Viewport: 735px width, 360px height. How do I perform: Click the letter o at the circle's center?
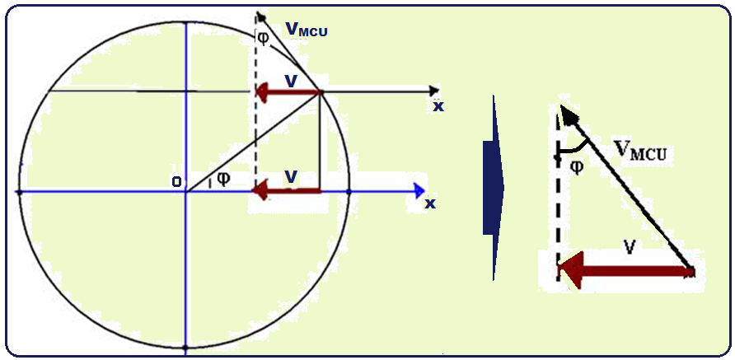click(176, 182)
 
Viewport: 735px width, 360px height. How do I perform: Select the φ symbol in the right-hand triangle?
click(576, 166)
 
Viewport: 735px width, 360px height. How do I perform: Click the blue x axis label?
click(430, 203)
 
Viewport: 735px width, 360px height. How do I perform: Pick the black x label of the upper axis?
click(438, 106)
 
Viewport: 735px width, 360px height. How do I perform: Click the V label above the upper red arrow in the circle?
click(290, 79)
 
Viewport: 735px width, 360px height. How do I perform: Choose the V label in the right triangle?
click(629, 245)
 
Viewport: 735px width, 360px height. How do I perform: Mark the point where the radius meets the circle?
click(320, 91)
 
